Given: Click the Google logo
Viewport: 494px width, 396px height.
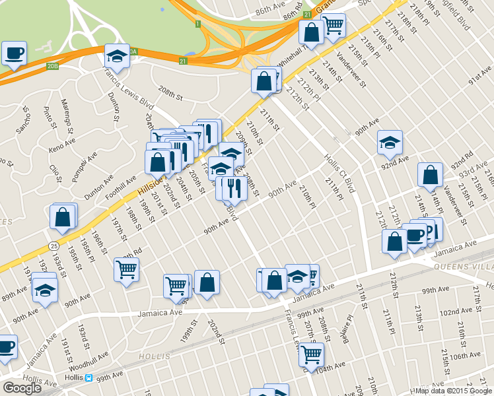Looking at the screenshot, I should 22,388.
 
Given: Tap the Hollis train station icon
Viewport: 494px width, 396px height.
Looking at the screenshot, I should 88,378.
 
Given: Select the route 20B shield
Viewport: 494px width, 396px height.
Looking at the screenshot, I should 53,66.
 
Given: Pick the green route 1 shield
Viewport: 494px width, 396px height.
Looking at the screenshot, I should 197,24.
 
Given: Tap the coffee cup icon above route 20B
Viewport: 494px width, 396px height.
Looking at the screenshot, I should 14,53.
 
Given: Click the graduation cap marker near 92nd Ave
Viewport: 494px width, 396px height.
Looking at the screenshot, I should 390,142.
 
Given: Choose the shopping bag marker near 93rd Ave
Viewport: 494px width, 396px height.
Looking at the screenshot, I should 430,175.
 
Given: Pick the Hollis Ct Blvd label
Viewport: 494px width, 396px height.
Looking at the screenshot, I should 339,174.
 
